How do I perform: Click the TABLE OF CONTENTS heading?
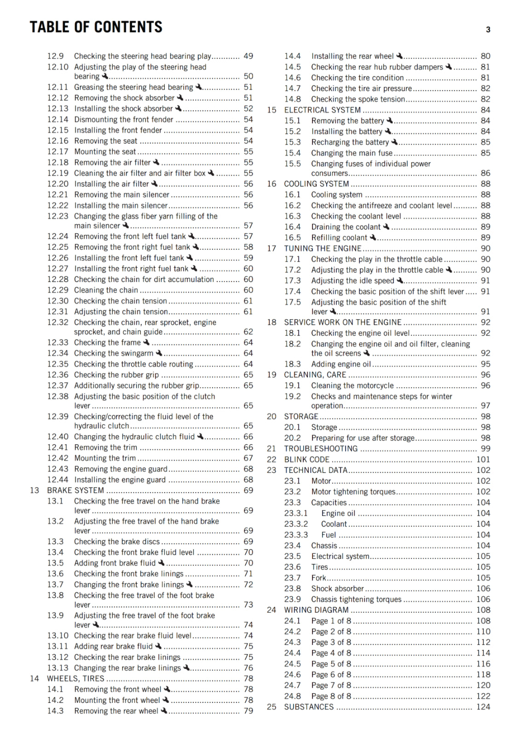pyautogui.click(x=96, y=27)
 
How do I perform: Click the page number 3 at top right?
pyautogui.click(x=488, y=29)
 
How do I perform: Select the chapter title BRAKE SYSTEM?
pyautogui.click(x=75, y=490)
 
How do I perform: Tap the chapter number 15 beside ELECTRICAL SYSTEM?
pyautogui.click(x=272, y=110)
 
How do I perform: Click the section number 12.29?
pyautogui.click(x=58, y=290)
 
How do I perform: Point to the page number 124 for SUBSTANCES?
pyautogui.click(x=483, y=707)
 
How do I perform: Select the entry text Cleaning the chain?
pyautogui.click(x=106, y=290)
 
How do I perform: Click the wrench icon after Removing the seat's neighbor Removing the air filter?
pyautogui.click(x=156, y=162)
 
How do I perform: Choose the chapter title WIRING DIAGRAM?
pyautogui.click(x=316, y=610)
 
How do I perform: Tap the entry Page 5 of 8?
pyautogui.click(x=331, y=664)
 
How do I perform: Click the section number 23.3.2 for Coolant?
pyautogui.click(x=296, y=524)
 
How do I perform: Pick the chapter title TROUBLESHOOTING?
pyautogui.click(x=321, y=448)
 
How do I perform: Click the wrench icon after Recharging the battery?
pyautogui.click(x=394, y=142)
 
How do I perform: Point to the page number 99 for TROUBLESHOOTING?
pyautogui.click(x=485, y=448)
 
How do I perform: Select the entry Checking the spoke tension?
pyautogui.click(x=358, y=99)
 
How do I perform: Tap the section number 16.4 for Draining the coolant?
pyautogui.click(x=292, y=227)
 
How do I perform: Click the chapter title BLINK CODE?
pyautogui.click(x=306, y=460)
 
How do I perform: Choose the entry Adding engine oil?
pyautogui.click(x=341, y=364)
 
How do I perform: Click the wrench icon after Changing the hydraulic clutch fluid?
pyautogui.click(x=200, y=436)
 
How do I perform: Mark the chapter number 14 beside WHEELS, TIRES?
pyautogui.click(x=35, y=678)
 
